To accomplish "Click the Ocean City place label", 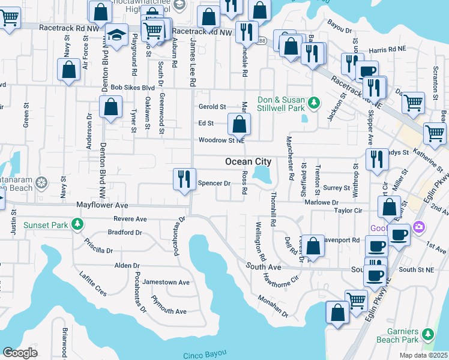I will click(248, 162).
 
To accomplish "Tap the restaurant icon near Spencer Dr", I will click(184, 179).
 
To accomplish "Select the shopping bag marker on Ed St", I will click(239, 125).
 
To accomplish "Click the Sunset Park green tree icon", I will click(77, 225).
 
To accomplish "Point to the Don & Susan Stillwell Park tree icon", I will click(313, 104).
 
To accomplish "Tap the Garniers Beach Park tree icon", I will click(427, 334).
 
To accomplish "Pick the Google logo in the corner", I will click(20, 353).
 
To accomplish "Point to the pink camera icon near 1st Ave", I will click(419, 228).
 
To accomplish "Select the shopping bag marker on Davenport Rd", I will click(313, 246).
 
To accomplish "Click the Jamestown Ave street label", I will click(170, 282).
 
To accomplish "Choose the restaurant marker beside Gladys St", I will click(376, 160).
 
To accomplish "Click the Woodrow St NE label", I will click(221, 140).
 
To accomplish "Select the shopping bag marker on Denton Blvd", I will click(111, 108).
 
